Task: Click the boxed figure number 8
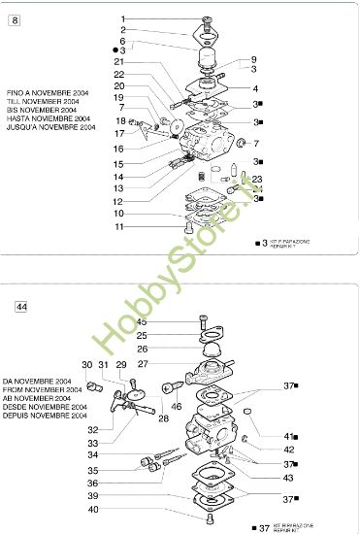14,19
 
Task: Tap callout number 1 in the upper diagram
149,19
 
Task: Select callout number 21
146,62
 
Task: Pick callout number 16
146,149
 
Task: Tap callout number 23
257,180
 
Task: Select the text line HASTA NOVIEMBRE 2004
52,117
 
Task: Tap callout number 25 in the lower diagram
141,335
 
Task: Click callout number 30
86,364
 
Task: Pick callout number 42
289,450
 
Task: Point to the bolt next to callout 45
202,321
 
